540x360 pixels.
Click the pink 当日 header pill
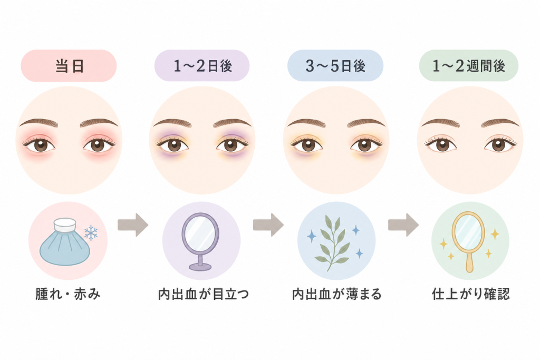69,66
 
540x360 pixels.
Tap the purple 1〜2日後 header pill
202,66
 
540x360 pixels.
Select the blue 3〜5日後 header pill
335,66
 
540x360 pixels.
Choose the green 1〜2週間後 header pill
469,66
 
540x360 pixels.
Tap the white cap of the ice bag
65,225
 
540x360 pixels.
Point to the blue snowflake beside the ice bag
91,233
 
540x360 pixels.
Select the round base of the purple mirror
200,266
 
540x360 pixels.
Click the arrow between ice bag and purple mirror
133,225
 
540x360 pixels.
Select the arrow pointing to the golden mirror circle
403,225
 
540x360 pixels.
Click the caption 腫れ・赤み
68,294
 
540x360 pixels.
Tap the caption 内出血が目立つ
203,294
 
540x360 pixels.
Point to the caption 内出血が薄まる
337,294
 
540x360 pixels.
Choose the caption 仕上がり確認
471,294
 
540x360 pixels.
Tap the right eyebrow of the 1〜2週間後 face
500,122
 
